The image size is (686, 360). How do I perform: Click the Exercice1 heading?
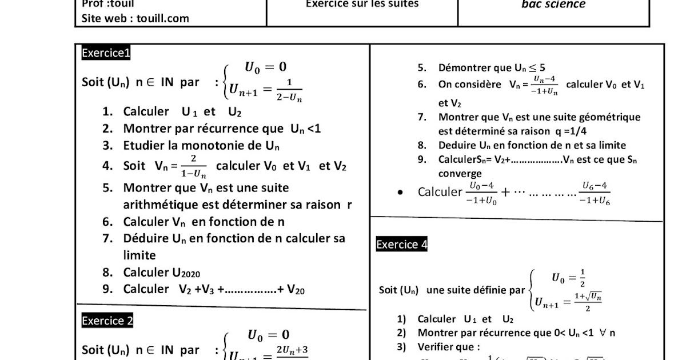point(106,53)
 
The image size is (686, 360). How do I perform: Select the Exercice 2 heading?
point(107,321)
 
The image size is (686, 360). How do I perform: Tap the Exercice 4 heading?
point(401,245)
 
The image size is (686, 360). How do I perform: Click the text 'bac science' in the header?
point(553,5)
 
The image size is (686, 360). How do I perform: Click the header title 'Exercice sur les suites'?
point(362,4)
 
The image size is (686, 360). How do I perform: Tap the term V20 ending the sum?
point(296,289)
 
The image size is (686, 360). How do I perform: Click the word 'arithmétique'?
point(166,205)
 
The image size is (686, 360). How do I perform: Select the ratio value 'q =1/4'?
point(570,131)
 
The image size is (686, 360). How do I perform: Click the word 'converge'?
point(460,174)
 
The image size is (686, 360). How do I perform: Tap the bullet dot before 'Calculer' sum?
point(401,193)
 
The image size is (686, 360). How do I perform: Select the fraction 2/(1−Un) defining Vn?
point(194,166)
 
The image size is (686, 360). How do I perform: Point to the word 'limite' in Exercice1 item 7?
point(139,255)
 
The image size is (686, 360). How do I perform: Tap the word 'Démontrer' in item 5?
point(463,68)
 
